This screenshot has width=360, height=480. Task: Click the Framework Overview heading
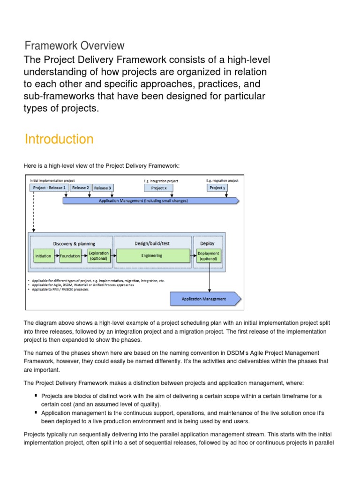75,46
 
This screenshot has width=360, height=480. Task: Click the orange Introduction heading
59,139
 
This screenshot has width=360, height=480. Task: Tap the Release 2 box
80,188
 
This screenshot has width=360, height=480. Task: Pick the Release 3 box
103,188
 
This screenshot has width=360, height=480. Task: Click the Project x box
158,188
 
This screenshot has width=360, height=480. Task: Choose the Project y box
217,188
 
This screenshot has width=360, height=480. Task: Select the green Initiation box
44,256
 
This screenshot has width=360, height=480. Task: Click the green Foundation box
70,256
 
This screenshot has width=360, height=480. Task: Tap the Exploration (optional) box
98,255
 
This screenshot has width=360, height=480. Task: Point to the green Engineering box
152,255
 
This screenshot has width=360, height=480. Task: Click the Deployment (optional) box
208,255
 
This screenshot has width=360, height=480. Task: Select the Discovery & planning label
74,243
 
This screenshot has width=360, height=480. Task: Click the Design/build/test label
152,243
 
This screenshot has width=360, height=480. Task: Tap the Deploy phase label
207,243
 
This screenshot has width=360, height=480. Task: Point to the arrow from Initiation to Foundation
56,256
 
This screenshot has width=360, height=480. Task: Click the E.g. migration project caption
222,180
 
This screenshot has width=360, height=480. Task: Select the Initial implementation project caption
52,180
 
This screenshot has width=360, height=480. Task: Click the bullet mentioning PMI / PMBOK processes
61,289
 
